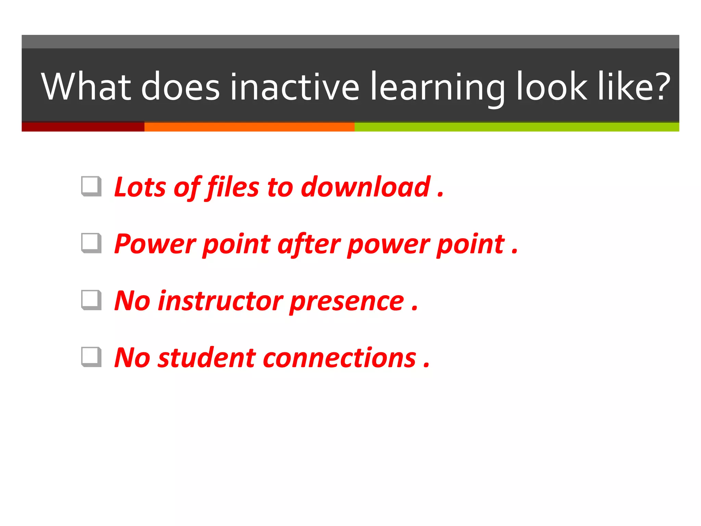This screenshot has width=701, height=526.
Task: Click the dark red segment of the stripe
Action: (x=83, y=127)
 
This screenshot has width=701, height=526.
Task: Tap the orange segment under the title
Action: (x=249, y=127)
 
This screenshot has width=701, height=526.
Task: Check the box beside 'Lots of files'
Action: (x=91, y=186)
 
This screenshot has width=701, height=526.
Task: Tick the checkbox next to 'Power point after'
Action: (x=91, y=243)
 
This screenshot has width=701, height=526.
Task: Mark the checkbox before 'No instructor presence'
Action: (x=91, y=300)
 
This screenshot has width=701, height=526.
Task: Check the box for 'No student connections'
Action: (x=91, y=356)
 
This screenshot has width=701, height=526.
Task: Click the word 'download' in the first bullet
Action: (x=365, y=187)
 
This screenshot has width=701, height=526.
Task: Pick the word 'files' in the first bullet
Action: (x=233, y=187)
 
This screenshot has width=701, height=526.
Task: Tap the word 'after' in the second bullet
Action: (x=309, y=244)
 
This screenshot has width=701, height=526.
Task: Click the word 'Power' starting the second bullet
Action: (x=155, y=244)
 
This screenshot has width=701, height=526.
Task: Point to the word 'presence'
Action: (x=347, y=301)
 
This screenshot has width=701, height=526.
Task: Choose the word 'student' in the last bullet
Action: (x=206, y=358)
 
